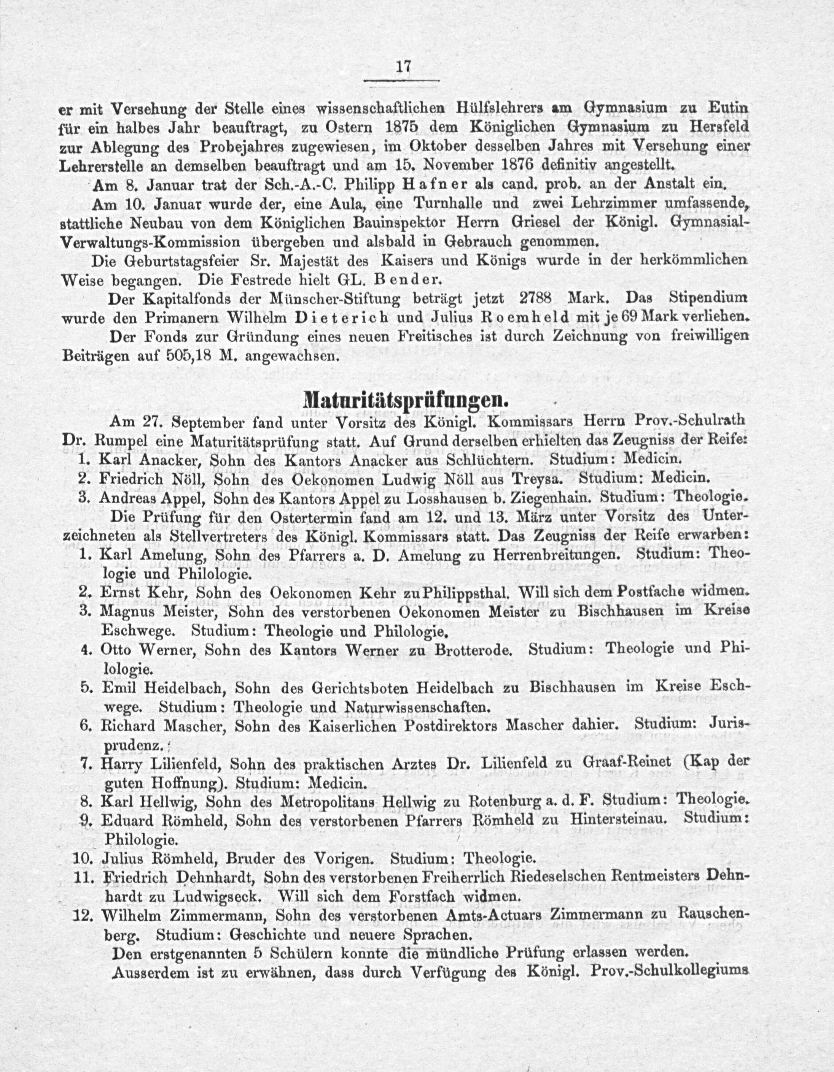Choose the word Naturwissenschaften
click(417, 707)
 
